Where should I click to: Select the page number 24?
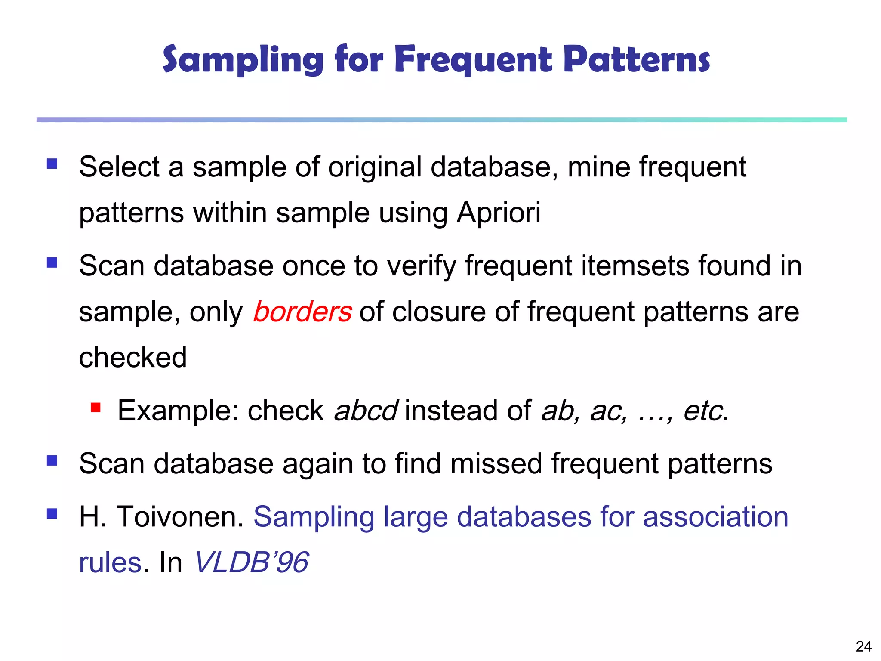coord(863,646)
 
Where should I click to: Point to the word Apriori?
coord(498,213)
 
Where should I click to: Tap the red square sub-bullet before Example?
coord(95,407)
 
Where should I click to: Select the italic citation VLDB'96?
coord(252,562)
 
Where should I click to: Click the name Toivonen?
coord(180,516)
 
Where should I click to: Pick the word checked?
coord(133,357)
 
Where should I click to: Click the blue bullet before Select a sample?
coord(52,164)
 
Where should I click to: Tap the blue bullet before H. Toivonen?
coord(52,513)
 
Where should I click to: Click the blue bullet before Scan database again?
coord(52,461)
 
